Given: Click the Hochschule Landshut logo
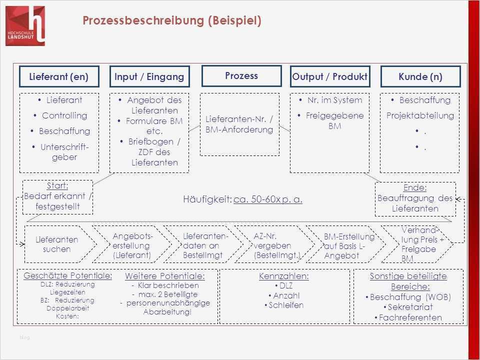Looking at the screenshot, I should tap(25, 25).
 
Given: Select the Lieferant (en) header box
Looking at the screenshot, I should tap(59, 77).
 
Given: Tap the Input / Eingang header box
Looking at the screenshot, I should tap(149, 77).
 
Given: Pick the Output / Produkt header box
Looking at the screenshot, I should tap(330, 77).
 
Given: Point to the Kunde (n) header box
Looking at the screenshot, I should tap(420, 77).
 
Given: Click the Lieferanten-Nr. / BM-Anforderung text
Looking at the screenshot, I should tap(239, 124).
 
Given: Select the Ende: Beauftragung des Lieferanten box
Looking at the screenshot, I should tap(415, 198).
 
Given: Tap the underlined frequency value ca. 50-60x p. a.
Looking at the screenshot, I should tap(268, 199).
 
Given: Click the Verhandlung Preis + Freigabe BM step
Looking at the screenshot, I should tap(416, 244).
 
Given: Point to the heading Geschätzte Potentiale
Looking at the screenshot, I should tap(68, 275).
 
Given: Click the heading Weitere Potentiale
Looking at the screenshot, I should tap(164, 276).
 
